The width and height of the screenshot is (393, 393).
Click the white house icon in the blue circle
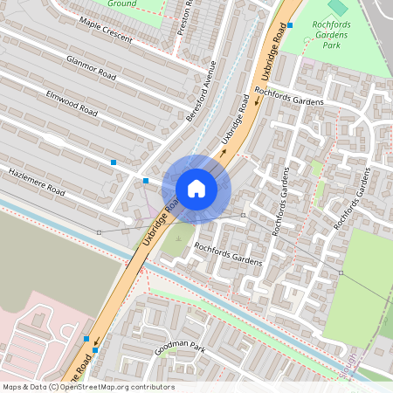coord(196,189)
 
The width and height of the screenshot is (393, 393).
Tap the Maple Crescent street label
coord(106,30)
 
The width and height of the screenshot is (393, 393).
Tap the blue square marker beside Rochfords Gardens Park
coord(290,25)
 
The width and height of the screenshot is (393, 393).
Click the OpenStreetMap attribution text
coord(88,387)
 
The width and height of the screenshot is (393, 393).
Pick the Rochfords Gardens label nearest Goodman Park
coord(229,253)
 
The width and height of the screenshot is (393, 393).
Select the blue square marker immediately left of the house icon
coord(146,180)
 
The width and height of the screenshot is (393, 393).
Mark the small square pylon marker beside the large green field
coord(341,273)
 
